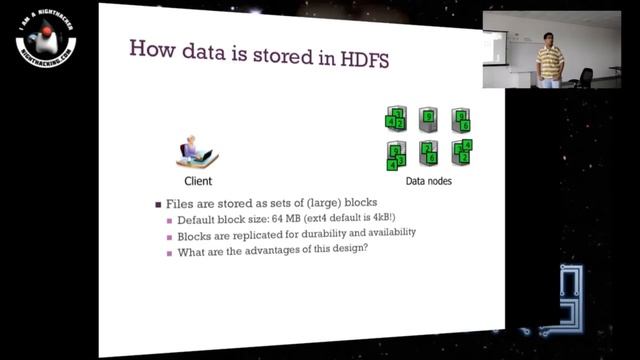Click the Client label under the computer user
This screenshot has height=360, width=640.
(x=198, y=181)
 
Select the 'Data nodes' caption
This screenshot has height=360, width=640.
(x=429, y=182)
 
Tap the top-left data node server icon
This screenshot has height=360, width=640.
(x=396, y=120)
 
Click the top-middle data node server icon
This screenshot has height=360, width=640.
(x=428, y=120)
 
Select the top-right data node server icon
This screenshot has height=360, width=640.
(x=461, y=120)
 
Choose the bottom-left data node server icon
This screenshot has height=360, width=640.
(x=396, y=154)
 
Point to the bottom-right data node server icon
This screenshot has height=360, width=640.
(x=462, y=153)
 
